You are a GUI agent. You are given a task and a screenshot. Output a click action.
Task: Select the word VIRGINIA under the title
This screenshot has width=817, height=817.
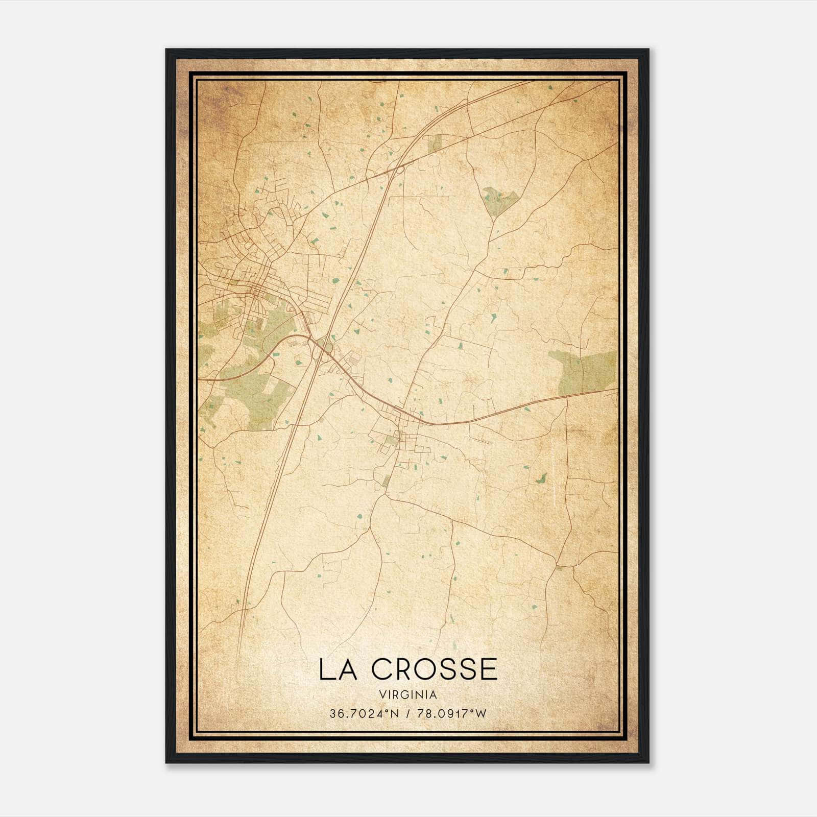click(408, 695)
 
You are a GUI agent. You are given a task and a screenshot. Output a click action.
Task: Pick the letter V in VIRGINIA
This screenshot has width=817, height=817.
click(382, 695)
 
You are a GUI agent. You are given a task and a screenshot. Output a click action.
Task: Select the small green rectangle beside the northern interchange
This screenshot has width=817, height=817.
click(435, 143)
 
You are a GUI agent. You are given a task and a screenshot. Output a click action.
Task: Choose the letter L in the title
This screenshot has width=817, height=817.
click(325, 669)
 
